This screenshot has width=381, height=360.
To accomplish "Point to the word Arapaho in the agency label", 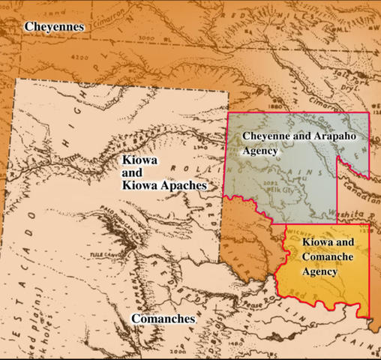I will tap(324, 137).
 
